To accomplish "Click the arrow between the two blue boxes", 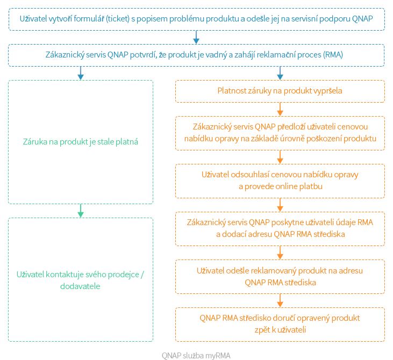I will tap(196, 37).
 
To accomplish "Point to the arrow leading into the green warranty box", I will tap(81, 73).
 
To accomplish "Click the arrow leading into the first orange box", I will tap(280, 73).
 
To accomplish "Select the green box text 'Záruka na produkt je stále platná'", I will tap(81, 142).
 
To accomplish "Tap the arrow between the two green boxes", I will tap(81, 210).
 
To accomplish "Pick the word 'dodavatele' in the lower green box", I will tap(81, 286).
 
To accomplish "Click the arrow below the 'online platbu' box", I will tap(280, 205).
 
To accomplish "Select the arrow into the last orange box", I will tap(280, 300).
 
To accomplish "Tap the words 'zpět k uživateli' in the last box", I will tap(280, 329).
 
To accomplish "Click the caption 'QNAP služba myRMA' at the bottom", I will tap(196, 355).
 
